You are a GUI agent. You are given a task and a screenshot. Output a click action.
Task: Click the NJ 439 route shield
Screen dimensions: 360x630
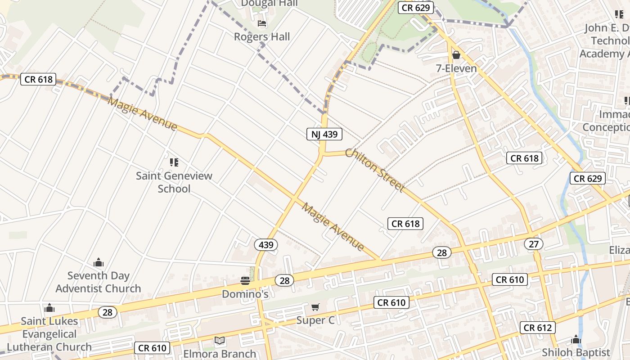click(324, 134)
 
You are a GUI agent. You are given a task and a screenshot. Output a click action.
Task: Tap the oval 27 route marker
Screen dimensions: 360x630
click(534, 244)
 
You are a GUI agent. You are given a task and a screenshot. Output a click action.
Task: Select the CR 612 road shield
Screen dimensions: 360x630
click(538, 328)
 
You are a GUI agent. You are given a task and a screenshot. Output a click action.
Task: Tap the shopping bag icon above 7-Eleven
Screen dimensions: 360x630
click(456, 55)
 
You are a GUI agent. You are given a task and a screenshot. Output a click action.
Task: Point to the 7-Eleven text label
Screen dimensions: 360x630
click(456, 69)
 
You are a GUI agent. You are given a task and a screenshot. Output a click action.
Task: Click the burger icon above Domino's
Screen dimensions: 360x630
click(245, 281)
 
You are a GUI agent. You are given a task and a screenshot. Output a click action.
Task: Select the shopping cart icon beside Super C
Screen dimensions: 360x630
click(315, 307)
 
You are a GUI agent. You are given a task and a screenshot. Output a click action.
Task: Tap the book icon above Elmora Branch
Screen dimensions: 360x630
click(219, 341)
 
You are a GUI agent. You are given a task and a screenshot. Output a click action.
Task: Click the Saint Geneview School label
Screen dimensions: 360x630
click(174, 182)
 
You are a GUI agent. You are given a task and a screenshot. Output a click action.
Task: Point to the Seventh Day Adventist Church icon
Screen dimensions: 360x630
click(98, 263)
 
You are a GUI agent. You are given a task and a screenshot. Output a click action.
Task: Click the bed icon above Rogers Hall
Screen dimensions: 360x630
click(262, 23)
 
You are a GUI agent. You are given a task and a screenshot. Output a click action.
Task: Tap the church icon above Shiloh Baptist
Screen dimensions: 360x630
click(576, 340)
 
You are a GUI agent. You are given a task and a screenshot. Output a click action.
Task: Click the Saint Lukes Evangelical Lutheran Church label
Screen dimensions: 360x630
click(49, 334)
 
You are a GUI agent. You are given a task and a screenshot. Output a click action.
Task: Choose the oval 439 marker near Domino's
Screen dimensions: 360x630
click(266, 245)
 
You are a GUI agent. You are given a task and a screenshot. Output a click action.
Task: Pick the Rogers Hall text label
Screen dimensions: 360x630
click(262, 37)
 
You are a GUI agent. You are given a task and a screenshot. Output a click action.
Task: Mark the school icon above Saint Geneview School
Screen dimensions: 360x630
click(174, 162)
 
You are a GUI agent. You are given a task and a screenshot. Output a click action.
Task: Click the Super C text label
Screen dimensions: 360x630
click(315, 320)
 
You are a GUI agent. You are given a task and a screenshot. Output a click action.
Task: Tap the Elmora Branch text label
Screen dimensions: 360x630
click(220, 354)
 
